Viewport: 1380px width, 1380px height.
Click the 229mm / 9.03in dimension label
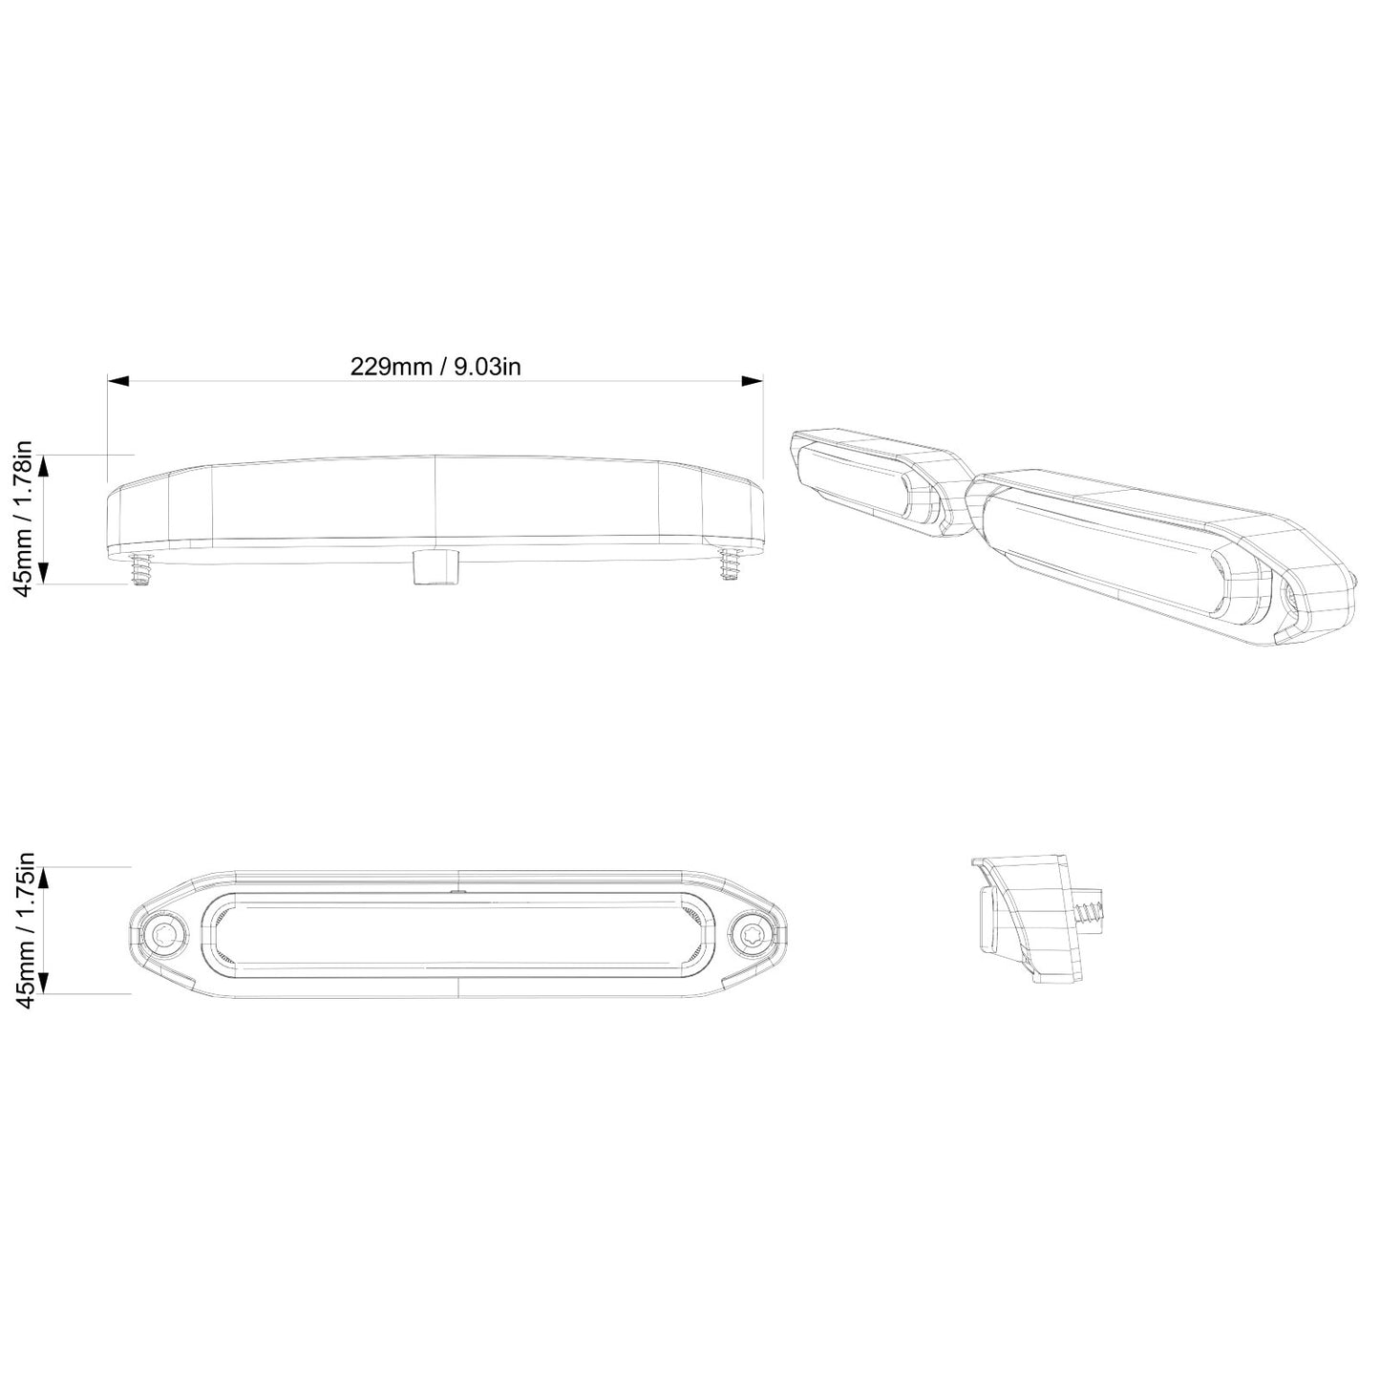coord(435,367)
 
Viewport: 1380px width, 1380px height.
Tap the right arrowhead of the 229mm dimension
coord(753,381)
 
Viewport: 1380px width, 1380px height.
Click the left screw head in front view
coord(168,933)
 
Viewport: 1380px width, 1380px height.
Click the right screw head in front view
coord(751,933)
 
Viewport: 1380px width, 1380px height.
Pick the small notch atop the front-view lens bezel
coord(458,891)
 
